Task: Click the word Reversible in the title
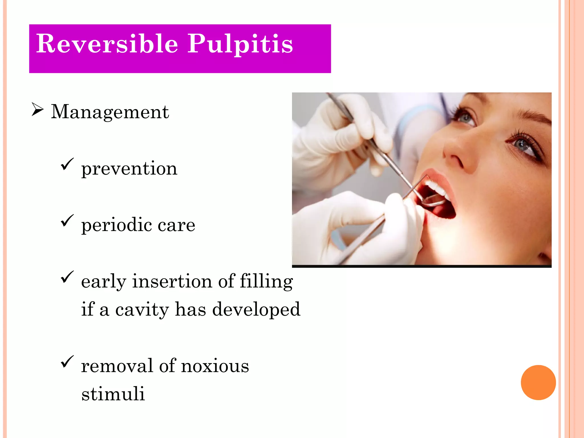(x=107, y=44)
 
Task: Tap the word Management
(x=110, y=111)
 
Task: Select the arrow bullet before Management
(x=37, y=110)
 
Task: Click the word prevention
(x=129, y=169)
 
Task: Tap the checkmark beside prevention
(x=67, y=164)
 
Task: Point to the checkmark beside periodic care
(x=67, y=221)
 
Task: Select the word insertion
(x=172, y=281)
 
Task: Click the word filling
(x=266, y=281)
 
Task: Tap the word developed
(x=256, y=309)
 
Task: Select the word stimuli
(x=113, y=394)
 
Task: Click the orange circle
(x=538, y=382)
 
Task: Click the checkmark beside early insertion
(x=67, y=277)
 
